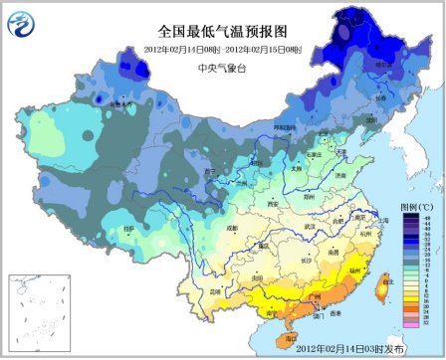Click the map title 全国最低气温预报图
222,32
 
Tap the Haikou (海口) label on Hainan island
290,337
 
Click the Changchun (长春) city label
379,97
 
